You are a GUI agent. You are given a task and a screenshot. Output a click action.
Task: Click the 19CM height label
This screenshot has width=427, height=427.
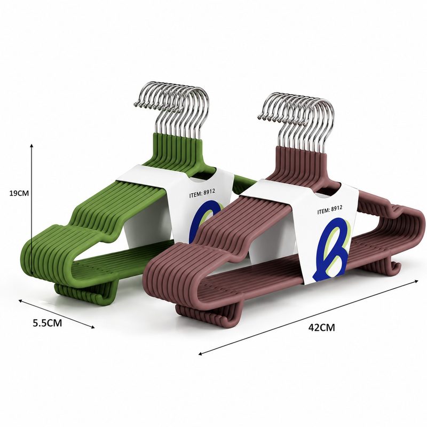19,193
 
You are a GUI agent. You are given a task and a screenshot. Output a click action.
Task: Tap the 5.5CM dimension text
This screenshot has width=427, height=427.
48,323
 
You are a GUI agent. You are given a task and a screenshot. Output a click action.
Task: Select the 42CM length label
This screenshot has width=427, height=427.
322,327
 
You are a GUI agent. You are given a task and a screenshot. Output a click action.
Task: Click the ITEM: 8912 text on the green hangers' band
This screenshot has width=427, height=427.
202,193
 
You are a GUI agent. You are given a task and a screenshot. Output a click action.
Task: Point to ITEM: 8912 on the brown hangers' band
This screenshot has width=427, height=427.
330,210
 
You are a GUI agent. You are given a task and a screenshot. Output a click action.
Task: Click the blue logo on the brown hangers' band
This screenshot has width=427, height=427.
329,249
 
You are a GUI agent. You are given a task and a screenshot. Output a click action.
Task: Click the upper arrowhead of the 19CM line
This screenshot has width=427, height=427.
31,146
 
